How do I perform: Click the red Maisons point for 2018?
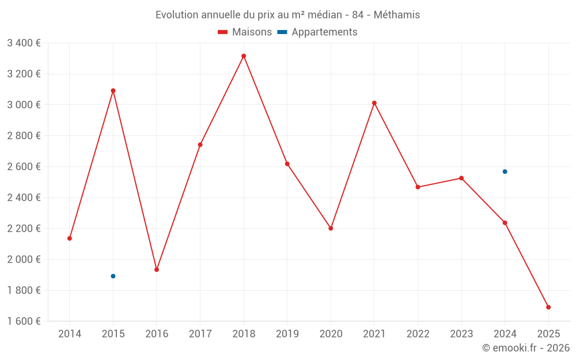[x=244, y=56]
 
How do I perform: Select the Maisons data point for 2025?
[x=548, y=307]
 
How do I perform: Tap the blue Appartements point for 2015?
[x=113, y=276]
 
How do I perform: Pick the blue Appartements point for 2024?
[x=505, y=172]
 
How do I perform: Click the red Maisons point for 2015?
[x=113, y=90]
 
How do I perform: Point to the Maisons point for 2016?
[x=157, y=270]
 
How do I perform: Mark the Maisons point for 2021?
[x=374, y=103]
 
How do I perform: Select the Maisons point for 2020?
[x=331, y=228]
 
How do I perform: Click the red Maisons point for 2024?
[x=505, y=222]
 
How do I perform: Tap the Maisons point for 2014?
[x=70, y=238]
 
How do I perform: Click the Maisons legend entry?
[x=245, y=32]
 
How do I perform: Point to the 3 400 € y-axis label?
[x=24, y=43]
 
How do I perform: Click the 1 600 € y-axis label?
[x=24, y=321]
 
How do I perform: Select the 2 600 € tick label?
[x=24, y=166]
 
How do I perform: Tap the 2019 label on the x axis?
[x=287, y=334]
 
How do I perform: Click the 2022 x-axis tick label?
[x=418, y=334]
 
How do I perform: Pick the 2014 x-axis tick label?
[x=70, y=334]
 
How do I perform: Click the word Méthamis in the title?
[x=397, y=15]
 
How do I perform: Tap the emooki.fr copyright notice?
[x=526, y=348]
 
